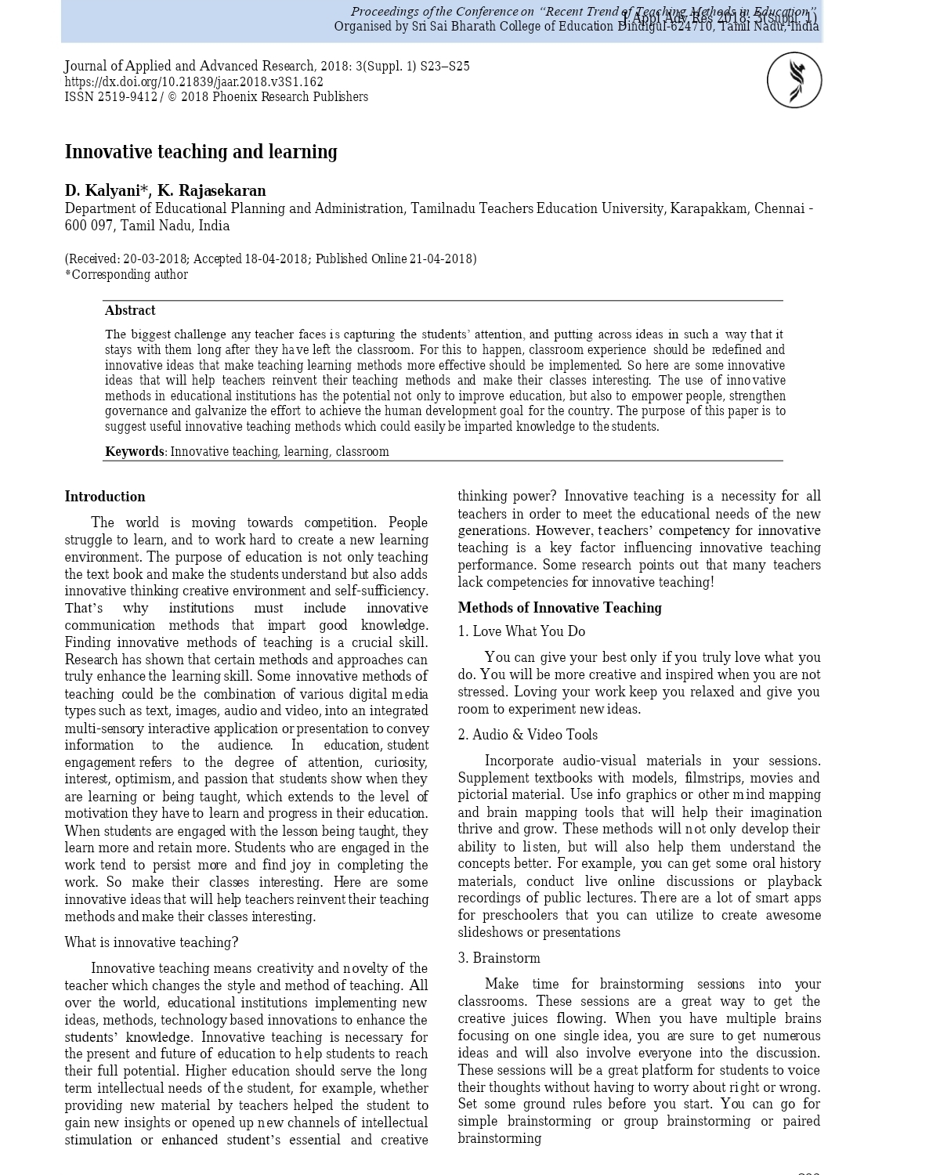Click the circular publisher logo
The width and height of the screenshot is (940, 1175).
coord(794,80)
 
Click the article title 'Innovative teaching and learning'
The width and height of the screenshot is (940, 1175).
coord(201,152)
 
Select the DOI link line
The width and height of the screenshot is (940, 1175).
coord(193,81)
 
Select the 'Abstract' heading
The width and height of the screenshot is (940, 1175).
coord(130,310)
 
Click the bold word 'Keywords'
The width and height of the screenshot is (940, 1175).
coord(134,451)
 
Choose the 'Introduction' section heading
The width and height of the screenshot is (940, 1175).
coord(105,497)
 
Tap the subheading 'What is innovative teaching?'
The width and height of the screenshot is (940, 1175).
coord(151,942)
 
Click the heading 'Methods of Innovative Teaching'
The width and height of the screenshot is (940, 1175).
coord(559,608)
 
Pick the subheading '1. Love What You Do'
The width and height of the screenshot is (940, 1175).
coord(521,631)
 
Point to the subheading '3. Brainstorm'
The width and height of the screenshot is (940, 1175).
coord(499,958)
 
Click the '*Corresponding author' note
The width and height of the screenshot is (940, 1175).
coord(126,275)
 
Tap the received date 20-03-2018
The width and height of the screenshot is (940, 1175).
coord(154,259)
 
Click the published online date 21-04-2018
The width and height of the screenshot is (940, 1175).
coord(440,259)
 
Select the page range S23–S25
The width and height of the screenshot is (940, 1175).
coord(445,67)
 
